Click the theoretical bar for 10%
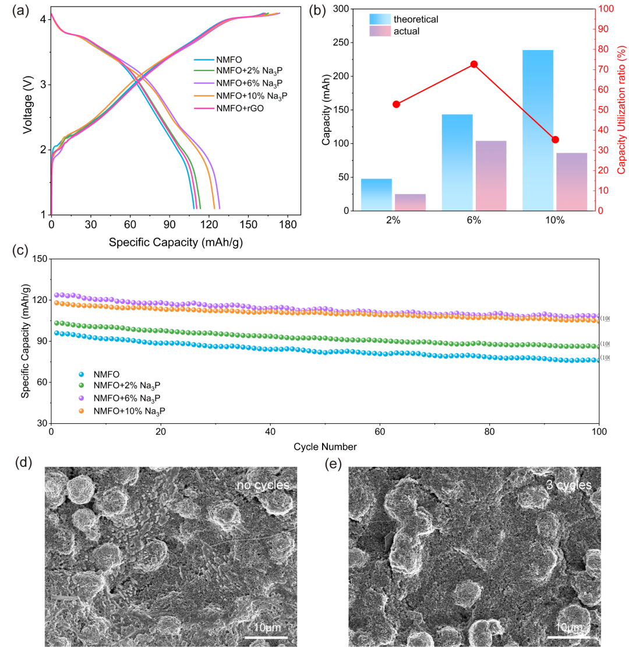click(x=538, y=130)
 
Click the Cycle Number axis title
click(x=325, y=447)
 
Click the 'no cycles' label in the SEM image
click(x=263, y=485)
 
